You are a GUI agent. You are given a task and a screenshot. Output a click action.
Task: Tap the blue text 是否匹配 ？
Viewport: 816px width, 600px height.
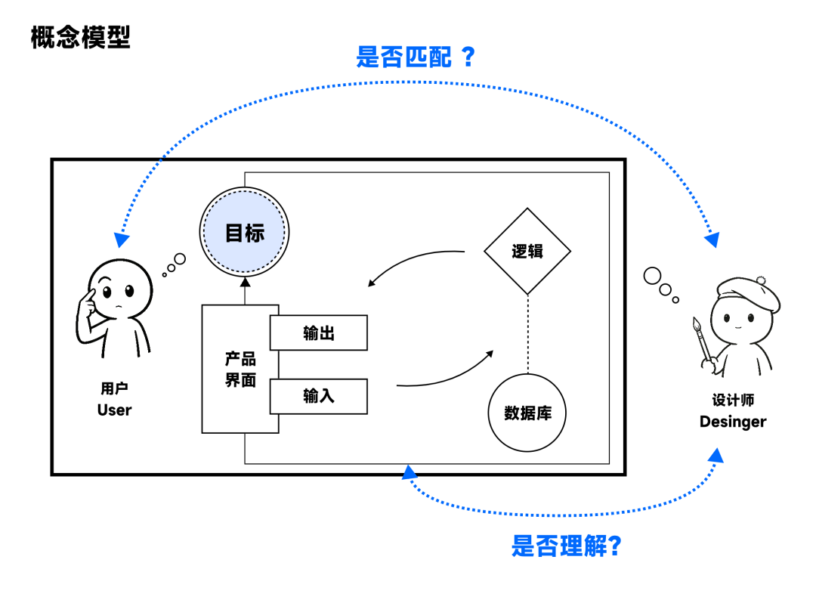[415, 57]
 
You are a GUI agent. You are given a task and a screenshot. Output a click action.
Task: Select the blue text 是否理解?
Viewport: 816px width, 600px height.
[566, 544]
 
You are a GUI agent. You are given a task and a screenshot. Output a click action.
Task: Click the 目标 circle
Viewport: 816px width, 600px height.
[244, 233]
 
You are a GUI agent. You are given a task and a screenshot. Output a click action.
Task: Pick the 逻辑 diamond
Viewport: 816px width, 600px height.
[527, 252]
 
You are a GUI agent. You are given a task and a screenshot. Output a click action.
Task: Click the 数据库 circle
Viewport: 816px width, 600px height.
[527, 413]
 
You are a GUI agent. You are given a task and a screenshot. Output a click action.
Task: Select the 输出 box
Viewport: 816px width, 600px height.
[319, 333]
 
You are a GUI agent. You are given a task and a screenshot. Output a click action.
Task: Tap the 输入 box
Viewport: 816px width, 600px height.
[319, 396]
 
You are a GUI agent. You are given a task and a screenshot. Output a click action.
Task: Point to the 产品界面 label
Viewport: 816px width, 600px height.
[240, 370]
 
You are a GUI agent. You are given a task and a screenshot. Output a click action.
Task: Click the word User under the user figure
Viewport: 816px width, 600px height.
[114, 410]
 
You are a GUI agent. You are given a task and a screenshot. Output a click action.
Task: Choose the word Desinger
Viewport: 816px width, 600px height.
[732, 422]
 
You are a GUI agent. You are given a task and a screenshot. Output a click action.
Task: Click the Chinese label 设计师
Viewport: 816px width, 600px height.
[732, 401]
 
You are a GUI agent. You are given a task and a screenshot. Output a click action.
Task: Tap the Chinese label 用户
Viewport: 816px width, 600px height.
[114, 388]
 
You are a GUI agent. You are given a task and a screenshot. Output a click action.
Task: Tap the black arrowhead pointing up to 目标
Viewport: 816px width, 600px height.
[244, 284]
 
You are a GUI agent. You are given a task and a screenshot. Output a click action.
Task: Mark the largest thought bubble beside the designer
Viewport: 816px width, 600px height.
[652, 276]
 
